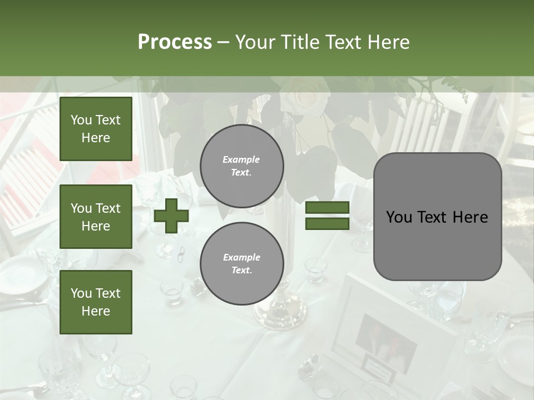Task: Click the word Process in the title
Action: tap(175, 42)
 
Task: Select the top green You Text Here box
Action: tap(96, 129)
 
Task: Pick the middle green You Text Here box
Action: tap(96, 217)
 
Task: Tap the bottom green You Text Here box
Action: tap(96, 302)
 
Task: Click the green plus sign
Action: tap(171, 216)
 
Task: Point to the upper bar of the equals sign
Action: tap(327, 207)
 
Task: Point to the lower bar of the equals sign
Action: tap(327, 223)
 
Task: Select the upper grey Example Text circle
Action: tap(241, 166)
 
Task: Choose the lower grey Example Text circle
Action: tap(241, 264)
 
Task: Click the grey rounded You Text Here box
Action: tap(437, 217)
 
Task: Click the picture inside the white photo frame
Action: tap(386, 337)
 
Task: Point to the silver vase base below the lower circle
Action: tap(281, 311)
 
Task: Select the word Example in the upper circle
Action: tap(241, 159)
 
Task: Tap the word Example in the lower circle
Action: tap(241, 257)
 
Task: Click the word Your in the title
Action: tap(255, 42)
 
